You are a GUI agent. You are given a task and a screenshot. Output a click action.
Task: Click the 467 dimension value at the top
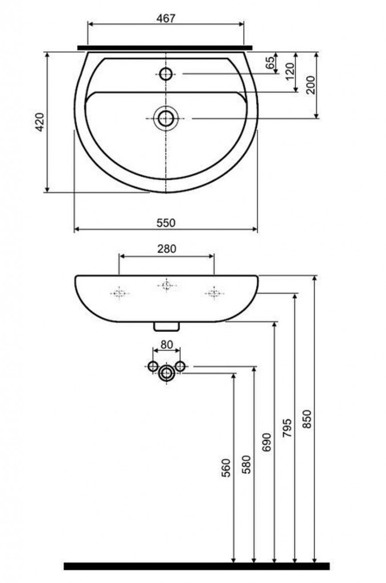tap(166, 18)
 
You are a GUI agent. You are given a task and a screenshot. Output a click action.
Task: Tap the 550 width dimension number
tap(166, 223)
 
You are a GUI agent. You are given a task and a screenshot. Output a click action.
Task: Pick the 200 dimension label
tap(310, 85)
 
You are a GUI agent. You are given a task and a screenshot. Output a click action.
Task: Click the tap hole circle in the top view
tap(166, 73)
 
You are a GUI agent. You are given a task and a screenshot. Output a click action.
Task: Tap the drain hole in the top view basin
tap(166, 118)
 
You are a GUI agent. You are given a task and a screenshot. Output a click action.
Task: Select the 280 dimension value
tap(166, 248)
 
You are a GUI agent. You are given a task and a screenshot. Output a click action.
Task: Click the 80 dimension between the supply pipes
tap(166, 344)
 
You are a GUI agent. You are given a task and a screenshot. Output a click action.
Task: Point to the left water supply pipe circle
tap(153, 366)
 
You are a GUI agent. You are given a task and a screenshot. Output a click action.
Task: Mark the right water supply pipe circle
tap(180, 366)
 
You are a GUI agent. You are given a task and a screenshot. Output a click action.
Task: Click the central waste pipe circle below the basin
tap(166, 372)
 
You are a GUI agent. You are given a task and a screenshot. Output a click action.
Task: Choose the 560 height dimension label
tap(226, 468)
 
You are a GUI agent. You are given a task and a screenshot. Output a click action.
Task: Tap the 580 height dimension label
tap(246, 465)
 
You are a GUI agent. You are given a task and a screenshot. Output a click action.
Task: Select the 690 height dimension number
tap(266, 442)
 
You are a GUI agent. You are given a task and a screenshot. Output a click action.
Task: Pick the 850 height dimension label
tap(307, 419)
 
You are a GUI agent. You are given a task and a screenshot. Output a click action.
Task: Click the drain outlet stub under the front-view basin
tap(166, 326)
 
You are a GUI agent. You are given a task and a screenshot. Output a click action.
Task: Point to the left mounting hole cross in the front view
tap(119, 293)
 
